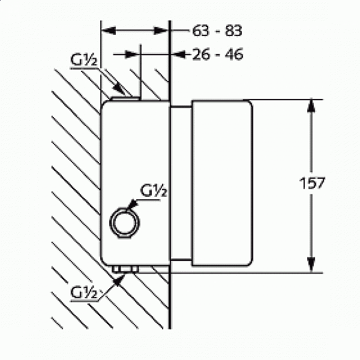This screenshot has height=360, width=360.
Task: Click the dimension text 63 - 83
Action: point(217,31)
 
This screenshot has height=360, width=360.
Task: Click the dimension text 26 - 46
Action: point(217,55)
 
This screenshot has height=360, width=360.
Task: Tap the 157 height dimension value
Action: point(312,183)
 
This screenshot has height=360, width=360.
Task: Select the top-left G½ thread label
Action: point(83,59)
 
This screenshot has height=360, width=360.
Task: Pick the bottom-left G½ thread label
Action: point(84,292)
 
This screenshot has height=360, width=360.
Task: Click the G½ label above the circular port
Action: point(154,190)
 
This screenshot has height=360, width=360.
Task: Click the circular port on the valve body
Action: point(125,223)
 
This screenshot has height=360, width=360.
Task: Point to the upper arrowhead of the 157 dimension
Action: point(311,106)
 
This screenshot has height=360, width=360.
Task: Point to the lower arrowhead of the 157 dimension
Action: point(311,264)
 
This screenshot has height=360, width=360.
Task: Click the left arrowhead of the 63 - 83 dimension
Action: point(109,31)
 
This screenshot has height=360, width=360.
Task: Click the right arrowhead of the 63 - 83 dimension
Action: point(160,31)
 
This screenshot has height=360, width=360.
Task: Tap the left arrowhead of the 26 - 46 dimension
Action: point(131,55)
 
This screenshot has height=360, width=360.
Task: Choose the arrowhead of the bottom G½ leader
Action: point(119,280)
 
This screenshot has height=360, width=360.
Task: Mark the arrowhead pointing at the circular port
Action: point(132,203)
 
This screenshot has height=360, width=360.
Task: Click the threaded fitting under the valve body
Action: point(125,269)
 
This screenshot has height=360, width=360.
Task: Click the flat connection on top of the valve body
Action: point(125,98)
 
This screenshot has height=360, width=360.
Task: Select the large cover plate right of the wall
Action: point(222,183)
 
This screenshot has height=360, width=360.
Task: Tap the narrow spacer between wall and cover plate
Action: point(181,183)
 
